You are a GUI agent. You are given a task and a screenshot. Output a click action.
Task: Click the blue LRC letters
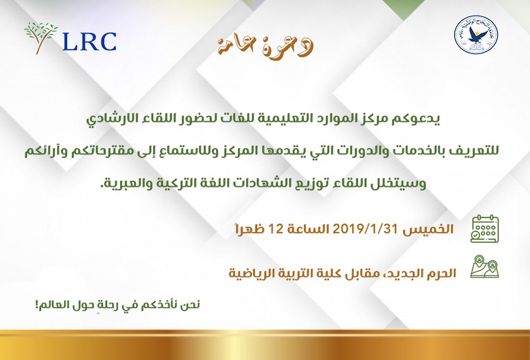point(90,42)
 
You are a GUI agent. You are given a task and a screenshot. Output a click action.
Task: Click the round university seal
point(476,35)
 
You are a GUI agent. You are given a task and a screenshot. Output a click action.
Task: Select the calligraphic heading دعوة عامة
point(265,47)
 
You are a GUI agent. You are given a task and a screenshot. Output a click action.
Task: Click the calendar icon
point(484,229)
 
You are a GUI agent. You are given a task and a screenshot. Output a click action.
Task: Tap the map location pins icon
point(484,267)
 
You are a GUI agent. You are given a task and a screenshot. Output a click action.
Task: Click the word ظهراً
point(250,229)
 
